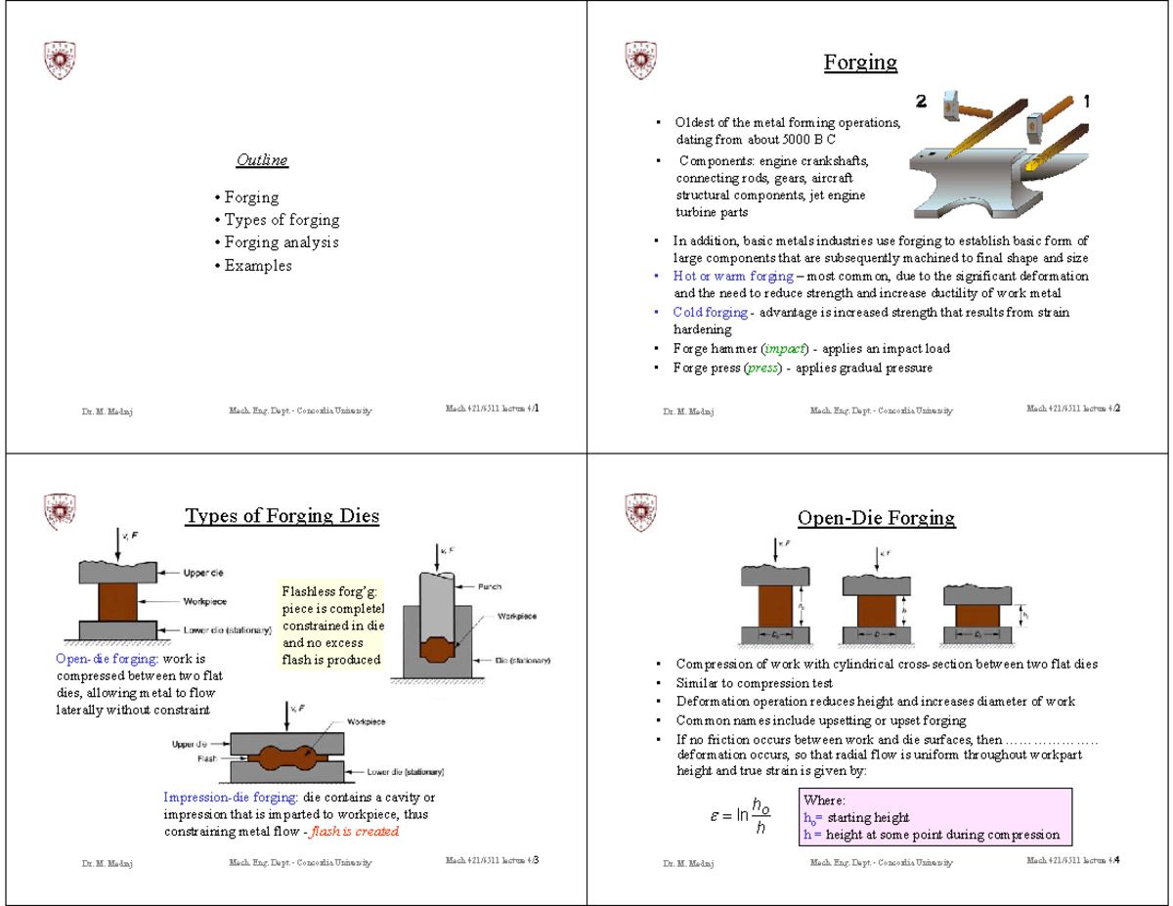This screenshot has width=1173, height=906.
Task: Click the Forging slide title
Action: click(860, 63)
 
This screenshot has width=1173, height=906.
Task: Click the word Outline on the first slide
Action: click(262, 159)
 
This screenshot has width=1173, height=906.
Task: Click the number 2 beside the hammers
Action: click(921, 101)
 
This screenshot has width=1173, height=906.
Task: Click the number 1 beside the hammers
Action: click(1087, 101)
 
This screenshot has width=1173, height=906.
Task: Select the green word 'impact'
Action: click(786, 349)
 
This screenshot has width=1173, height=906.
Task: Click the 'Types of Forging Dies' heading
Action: click(282, 515)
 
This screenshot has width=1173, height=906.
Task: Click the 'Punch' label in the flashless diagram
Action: click(490, 586)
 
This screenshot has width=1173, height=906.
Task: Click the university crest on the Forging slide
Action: click(639, 60)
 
